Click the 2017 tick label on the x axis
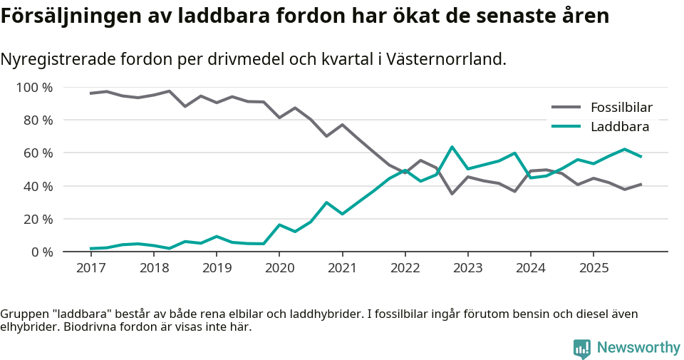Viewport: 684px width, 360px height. tap(90, 268)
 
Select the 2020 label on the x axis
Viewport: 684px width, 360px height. tap(279, 268)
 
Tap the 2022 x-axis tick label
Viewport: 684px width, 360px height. tap(405, 268)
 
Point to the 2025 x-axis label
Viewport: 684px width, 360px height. tap(594, 268)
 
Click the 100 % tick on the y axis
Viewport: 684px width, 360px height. tap(35, 88)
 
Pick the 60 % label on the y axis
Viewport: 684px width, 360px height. tap(38, 153)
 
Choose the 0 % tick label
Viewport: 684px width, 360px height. tap(41, 252)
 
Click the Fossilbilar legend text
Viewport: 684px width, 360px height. tap(621, 108)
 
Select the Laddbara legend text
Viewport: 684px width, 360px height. tap(619, 127)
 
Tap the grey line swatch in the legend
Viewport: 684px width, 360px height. tap(567, 108)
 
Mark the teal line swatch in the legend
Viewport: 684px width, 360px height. tap(567, 127)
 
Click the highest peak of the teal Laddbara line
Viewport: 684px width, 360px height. tap(452, 147)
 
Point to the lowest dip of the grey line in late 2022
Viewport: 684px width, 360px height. tap(452, 194)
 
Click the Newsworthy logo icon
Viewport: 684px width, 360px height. tap(582, 348)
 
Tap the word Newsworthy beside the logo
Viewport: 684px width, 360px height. tap(638, 348)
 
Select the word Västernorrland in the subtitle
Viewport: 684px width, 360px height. tap(447, 59)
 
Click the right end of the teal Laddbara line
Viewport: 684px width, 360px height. tap(641, 157)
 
